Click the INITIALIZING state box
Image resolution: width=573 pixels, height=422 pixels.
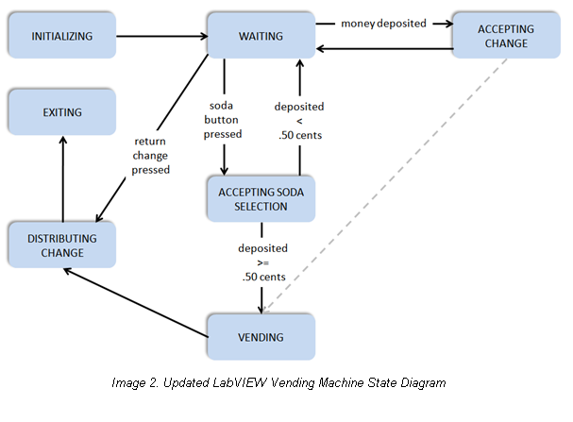point(62,36)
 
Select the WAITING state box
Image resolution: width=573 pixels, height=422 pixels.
point(261,36)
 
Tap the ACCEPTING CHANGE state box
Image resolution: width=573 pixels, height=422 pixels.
point(505,36)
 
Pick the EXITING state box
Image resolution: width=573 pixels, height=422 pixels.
point(62,112)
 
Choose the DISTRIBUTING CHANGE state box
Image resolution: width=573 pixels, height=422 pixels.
point(62,245)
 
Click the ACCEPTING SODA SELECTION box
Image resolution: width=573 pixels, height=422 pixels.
point(261,199)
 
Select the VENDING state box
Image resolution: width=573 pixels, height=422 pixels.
point(261,336)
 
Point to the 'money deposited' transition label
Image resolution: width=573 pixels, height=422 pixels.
point(384,22)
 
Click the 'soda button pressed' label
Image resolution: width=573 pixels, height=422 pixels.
point(223,120)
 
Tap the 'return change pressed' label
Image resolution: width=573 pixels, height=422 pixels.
point(151,156)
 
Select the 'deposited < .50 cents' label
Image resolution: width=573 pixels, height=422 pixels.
point(299,121)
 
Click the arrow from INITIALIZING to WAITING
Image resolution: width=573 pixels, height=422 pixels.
point(161,36)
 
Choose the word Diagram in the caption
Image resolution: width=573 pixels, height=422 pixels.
point(420,382)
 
